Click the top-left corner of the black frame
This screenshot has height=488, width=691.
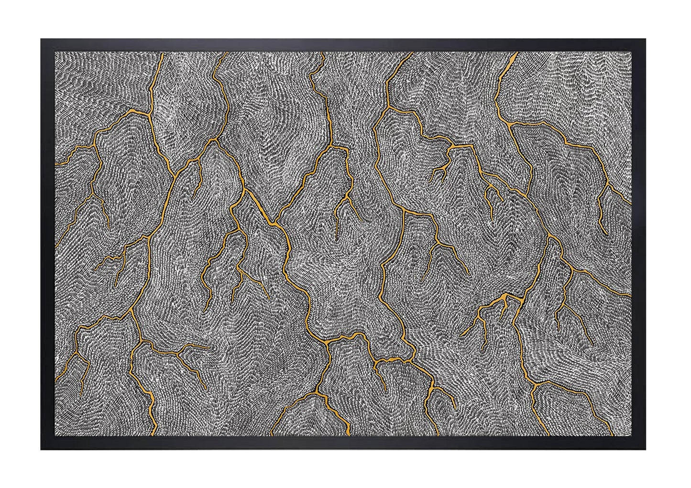[x=42, y=40]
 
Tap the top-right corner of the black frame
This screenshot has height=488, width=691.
[x=645, y=40]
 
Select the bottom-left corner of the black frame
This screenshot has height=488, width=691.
[x=42, y=449]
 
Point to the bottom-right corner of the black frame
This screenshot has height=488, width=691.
[x=645, y=449]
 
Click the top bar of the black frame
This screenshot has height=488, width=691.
[x=343, y=45]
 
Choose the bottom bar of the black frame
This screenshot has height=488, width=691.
[x=343, y=443]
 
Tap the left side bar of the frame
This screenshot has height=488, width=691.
[x=48, y=244]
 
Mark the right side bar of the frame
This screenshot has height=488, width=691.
[x=638, y=244]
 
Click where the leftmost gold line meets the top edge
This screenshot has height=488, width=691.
[x=163, y=53]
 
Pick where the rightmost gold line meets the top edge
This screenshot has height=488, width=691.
[x=516, y=53]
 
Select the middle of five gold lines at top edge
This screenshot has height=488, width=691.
[x=323, y=53]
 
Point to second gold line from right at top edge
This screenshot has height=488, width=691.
[x=411, y=53]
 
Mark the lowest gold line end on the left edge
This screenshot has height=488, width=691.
[x=56, y=380]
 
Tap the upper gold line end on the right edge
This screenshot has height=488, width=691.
[x=630, y=203]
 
